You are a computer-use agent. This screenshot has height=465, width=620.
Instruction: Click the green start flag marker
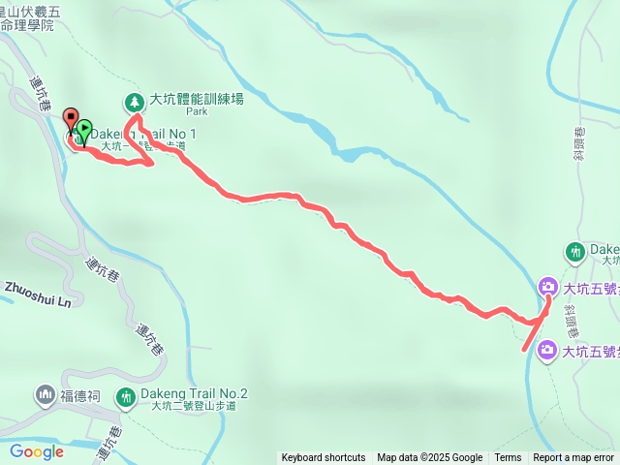coord(84,128)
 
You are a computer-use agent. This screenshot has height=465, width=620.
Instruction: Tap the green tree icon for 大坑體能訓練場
coord(134,101)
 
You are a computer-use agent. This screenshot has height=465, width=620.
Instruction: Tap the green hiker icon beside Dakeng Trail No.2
coord(126,397)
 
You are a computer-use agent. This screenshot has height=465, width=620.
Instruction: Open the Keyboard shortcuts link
coord(324,458)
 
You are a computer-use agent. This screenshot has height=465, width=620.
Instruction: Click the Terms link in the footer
coord(508,458)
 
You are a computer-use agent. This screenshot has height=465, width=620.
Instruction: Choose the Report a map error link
coord(573,458)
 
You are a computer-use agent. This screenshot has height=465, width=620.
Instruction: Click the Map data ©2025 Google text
coord(430,458)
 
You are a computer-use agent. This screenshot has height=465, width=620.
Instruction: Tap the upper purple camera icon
coord(547,287)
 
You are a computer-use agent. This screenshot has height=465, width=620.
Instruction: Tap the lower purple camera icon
coord(547,349)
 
